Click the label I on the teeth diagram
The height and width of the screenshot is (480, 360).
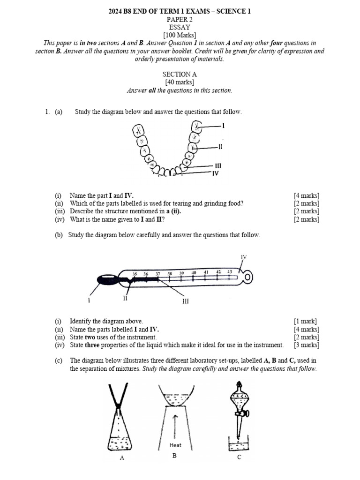(224, 126)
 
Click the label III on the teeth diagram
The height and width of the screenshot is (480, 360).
(217, 165)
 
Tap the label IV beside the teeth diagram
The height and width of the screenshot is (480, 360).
(216, 173)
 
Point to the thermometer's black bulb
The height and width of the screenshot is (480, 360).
(107, 280)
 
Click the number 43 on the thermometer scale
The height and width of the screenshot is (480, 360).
(230, 272)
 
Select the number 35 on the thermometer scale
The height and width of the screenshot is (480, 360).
(135, 274)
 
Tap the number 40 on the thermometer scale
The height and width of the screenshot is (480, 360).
(194, 272)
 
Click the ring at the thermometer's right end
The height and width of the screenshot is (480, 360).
(247, 278)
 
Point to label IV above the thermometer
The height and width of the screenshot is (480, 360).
(243, 257)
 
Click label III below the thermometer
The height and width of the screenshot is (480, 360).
(185, 301)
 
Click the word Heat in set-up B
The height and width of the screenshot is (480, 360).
(175, 445)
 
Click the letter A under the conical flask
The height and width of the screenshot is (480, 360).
(122, 458)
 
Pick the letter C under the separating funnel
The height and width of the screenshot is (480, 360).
(239, 457)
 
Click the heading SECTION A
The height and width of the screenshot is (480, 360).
(180, 74)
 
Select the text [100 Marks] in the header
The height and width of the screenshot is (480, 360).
(180, 35)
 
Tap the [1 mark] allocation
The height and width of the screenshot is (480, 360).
(305, 321)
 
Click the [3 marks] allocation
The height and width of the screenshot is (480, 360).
(307, 345)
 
